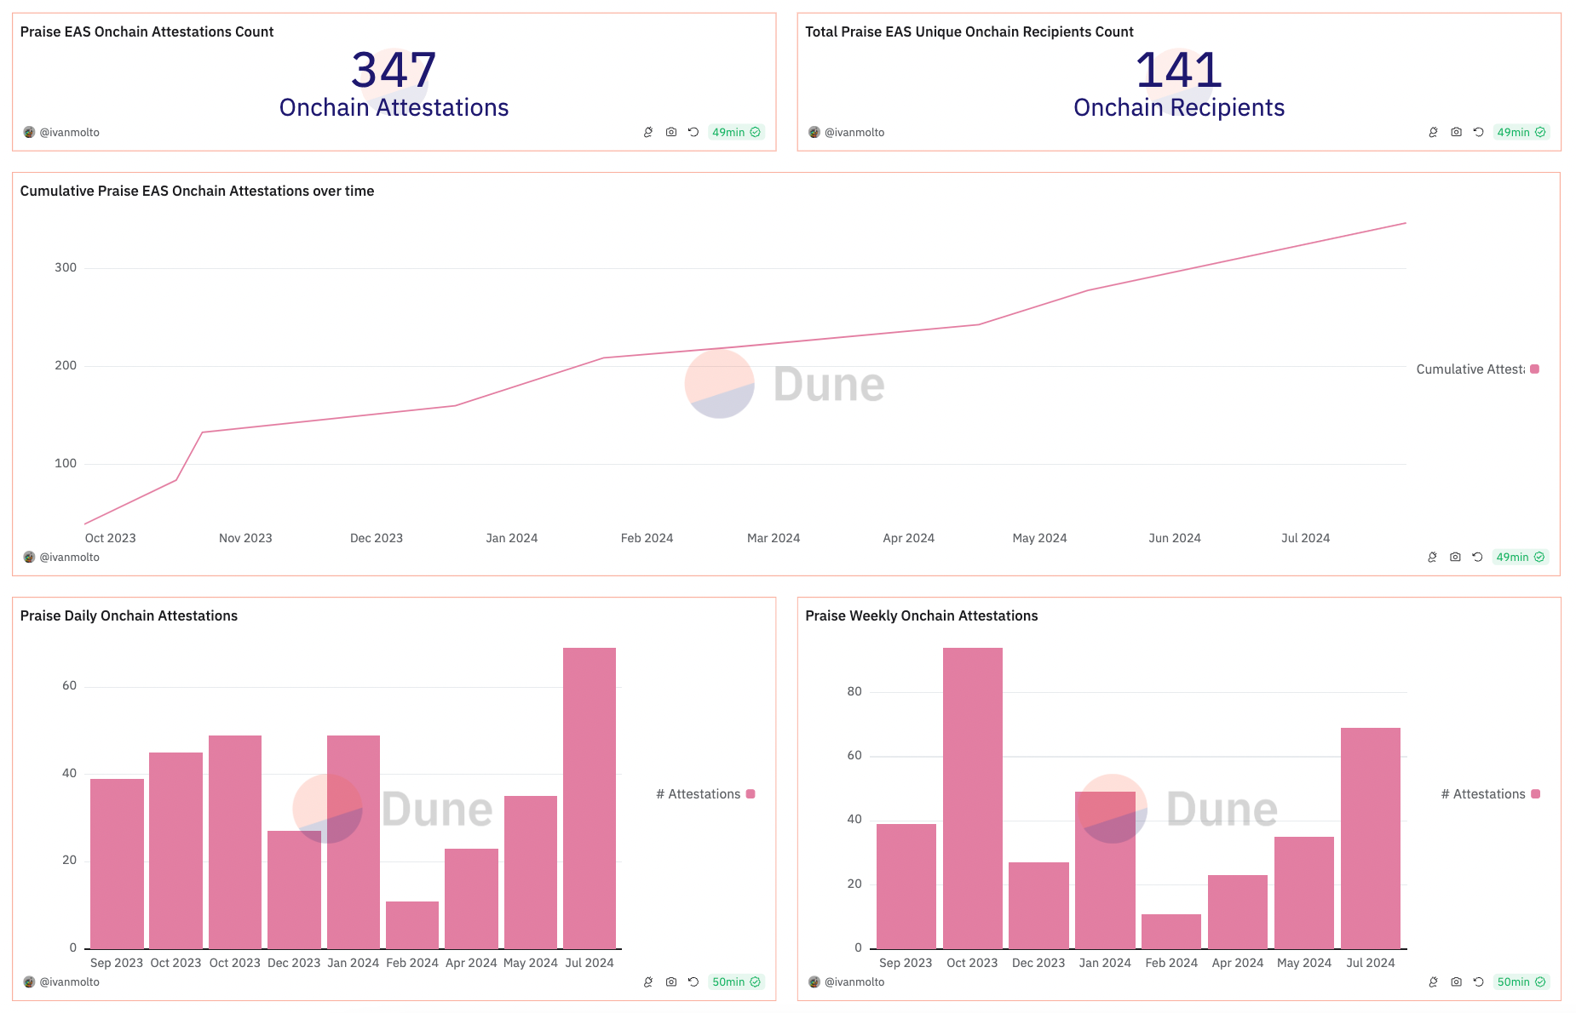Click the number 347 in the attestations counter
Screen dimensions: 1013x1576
(x=394, y=70)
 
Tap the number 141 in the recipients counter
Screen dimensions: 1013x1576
(x=1178, y=70)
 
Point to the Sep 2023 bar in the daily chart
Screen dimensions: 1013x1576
(x=117, y=863)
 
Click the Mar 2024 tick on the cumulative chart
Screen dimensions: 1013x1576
(x=774, y=538)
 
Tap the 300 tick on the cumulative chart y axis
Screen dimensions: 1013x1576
(x=66, y=267)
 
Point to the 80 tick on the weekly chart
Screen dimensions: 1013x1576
(x=854, y=691)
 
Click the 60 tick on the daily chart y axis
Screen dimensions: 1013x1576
(x=69, y=685)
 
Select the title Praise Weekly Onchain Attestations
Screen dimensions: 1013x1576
(x=921, y=615)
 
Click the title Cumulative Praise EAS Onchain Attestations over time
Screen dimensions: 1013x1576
(x=197, y=191)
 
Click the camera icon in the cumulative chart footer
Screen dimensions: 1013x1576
(x=1455, y=557)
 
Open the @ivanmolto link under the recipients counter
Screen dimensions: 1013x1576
(x=854, y=132)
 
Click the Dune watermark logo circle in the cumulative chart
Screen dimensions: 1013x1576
(x=719, y=384)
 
